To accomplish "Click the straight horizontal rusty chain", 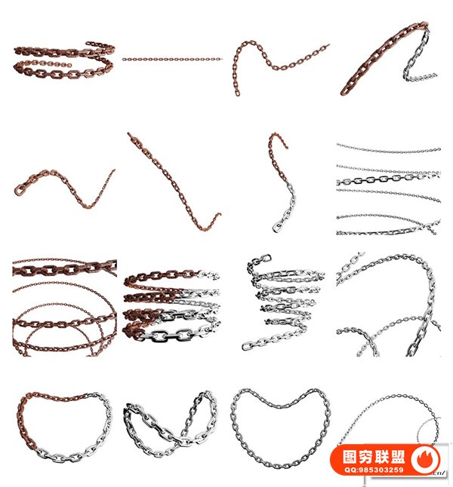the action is [172, 59].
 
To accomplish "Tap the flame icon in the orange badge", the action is [425, 459].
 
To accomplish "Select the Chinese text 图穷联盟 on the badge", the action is [374, 457].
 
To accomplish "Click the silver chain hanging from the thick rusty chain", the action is [417, 62].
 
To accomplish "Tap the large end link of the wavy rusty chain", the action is [19, 189].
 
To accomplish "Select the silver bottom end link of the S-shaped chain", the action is [276, 228].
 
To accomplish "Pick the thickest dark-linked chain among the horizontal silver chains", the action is [388, 179].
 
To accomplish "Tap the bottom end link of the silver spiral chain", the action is [248, 345].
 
